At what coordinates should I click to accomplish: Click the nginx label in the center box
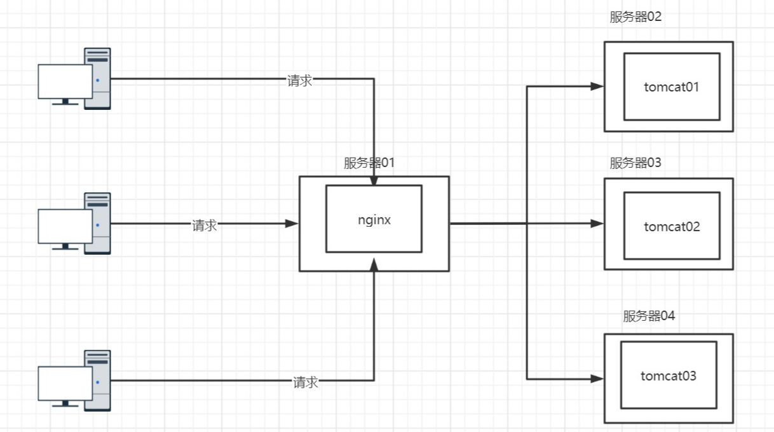pyautogui.click(x=374, y=220)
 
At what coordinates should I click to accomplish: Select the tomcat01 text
pyautogui.click(x=671, y=87)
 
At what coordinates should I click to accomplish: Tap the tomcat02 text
pyautogui.click(x=671, y=226)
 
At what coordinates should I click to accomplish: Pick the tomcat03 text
pyautogui.click(x=668, y=375)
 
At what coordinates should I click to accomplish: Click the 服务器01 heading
pyautogui.click(x=369, y=163)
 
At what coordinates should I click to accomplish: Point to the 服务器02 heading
pyautogui.click(x=635, y=17)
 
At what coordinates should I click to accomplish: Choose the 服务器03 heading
pyautogui.click(x=635, y=163)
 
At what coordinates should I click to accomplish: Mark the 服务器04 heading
pyautogui.click(x=649, y=316)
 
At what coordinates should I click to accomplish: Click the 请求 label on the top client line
pyautogui.click(x=299, y=81)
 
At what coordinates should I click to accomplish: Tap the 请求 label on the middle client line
pyautogui.click(x=205, y=225)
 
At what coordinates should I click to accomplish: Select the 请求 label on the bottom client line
pyautogui.click(x=305, y=382)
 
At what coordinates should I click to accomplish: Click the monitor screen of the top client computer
pyautogui.click(x=65, y=81)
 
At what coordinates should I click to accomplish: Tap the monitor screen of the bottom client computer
pyautogui.click(x=65, y=382)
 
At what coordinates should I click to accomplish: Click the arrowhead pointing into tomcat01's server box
pyautogui.click(x=597, y=86)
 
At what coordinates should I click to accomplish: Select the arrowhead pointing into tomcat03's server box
pyautogui.click(x=597, y=379)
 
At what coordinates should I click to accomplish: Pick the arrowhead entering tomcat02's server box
pyautogui.click(x=597, y=224)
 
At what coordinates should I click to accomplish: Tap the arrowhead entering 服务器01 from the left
pyautogui.click(x=292, y=224)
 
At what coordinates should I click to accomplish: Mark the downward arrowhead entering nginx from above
pyautogui.click(x=374, y=180)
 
